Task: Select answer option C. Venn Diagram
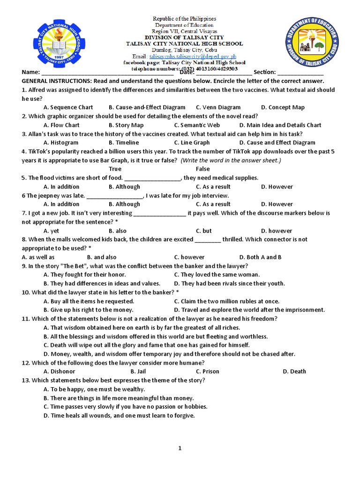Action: [x=218, y=107]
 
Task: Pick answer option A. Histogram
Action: [x=61, y=142]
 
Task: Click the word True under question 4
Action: [x=115, y=169]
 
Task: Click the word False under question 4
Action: [x=202, y=169]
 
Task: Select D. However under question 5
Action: [x=277, y=187]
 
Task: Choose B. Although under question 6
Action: [x=124, y=204]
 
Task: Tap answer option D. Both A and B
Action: [x=260, y=257]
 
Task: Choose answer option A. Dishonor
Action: [x=59, y=371]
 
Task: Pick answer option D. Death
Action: [x=294, y=371]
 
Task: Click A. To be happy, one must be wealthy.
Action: [x=94, y=389]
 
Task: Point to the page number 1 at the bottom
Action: [x=180, y=448]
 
